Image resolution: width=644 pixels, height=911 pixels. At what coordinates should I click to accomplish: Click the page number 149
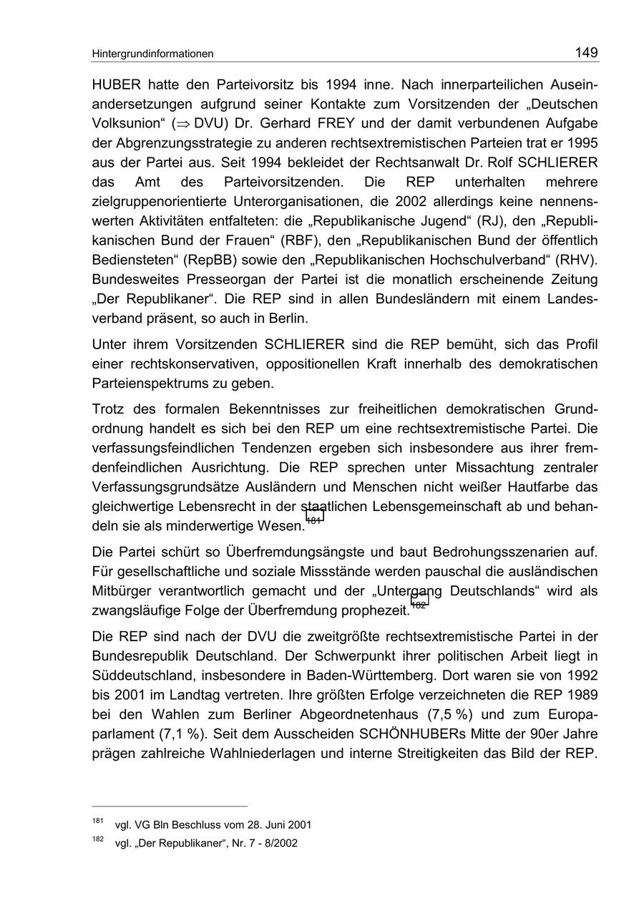(586, 52)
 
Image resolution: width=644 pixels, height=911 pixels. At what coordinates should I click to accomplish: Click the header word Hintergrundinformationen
(152, 54)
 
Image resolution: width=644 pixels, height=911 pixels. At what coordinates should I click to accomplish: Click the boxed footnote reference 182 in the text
(419, 603)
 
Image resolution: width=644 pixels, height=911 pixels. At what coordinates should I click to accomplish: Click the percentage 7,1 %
(180, 734)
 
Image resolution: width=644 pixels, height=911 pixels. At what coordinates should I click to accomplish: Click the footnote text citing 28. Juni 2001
(213, 824)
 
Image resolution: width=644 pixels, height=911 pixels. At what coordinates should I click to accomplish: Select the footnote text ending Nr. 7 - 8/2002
(206, 843)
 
